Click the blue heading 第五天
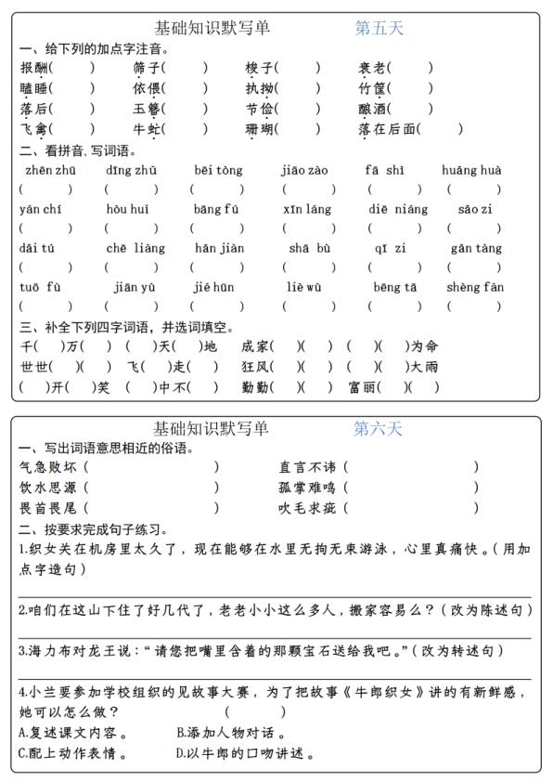coord(379,28)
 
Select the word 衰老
coord(373,67)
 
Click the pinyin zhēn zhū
coord(45,170)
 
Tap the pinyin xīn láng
coord(307,209)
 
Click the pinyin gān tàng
coord(476,248)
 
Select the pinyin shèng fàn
coord(475,287)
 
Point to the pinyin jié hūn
coord(213,287)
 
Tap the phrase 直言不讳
coord(309,467)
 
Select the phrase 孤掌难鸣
coord(309,488)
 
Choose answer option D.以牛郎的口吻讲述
coord(245,754)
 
